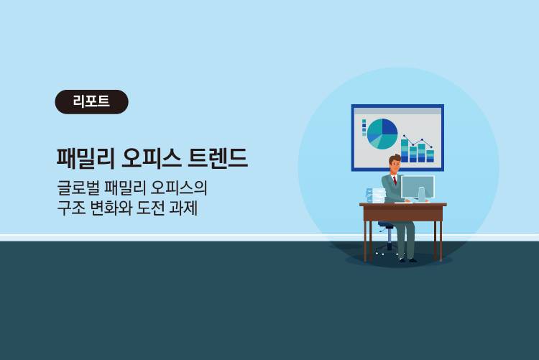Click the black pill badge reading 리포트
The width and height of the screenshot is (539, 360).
[x=91, y=102]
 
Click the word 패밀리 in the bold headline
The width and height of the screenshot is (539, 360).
[x=86, y=158]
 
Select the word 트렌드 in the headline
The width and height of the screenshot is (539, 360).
[x=218, y=158]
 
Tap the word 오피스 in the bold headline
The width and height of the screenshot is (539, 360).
[x=151, y=158]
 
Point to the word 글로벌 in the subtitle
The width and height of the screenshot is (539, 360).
[x=78, y=188]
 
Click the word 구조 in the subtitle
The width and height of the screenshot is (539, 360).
[x=71, y=208]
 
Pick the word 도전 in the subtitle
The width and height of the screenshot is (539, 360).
[x=150, y=208]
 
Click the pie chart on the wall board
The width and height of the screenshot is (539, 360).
[x=382, y=134]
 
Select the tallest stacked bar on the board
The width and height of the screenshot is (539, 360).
[x=405, y=151]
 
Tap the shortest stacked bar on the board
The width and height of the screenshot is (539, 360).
[x=430, y=156]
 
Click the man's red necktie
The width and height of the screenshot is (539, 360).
[x=395, y=180]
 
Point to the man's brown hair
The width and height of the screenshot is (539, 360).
[x=395, y=159]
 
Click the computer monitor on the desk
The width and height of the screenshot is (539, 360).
[x=418, y=188]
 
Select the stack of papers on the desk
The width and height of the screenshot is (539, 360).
[x=375, y=195]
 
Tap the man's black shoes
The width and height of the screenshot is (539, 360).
[x=408, y=260]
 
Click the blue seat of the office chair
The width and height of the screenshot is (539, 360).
[x=387, y=224]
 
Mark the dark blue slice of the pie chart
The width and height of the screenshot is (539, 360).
[x=390, y=126]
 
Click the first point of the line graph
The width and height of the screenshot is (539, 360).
[x=404, y=136]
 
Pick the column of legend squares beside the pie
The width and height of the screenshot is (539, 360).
[x=364, y=128]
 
